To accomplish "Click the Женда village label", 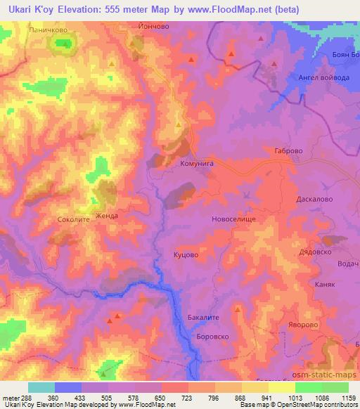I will pyautogui.click(x=108, y=216).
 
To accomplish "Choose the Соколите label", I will pyautogui.click(x=72, y=220).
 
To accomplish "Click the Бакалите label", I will pyautogui.click(x=204, y=318).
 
